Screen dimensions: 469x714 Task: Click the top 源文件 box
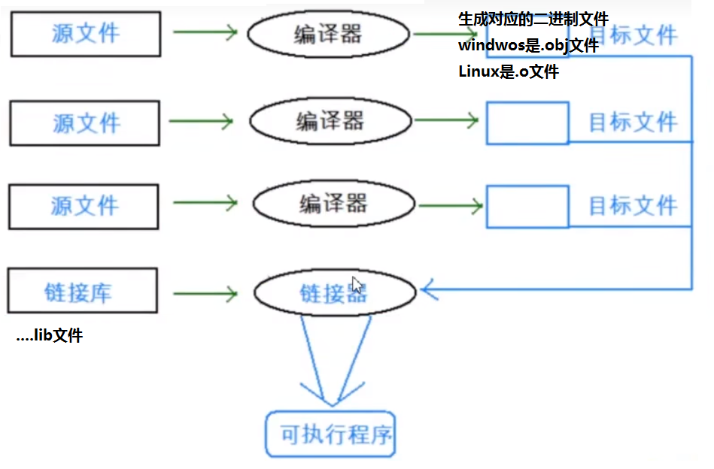click(x=85, y=34)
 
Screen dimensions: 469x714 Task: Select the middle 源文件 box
click(x=84, y=123)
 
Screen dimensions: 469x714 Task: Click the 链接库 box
click(x=83, y=292)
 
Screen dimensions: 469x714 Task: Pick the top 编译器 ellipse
click(x=328, y=34)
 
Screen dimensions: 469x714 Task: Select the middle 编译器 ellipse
click(x=330, y=120)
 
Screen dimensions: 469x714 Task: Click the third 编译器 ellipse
click(x=333, y=204)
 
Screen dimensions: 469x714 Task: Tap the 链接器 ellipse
click(x=334, y=292)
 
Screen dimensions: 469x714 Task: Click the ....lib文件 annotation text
click(x=50, y=336)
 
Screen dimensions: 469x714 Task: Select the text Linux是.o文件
click(x=509, y=72)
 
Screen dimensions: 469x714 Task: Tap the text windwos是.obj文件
click(x=528, y=46)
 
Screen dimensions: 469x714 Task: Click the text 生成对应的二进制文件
click(x=533, y=20)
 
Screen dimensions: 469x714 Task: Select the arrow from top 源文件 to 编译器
click(x=205, y=32)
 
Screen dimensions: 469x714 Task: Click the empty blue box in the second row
click(x=527, y=123)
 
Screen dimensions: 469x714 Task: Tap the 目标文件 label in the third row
click(x=632, y=205)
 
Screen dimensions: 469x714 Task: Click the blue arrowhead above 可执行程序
click(x=322, y=395)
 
